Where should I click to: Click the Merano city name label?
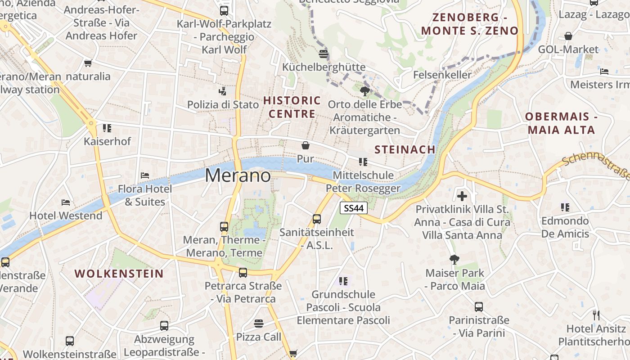point(238,175)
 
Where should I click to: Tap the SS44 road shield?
point(354,208)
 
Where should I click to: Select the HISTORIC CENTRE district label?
point(292,107)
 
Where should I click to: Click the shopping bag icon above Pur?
point(306,145)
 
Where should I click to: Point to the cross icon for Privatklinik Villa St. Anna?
point(462,196)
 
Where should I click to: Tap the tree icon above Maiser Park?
point(454,259)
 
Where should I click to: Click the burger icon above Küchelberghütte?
point(323,54)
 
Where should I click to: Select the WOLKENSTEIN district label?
point(119,274)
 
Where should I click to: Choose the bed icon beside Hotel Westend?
point(66,202)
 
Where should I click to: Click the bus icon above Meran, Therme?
point(224,227)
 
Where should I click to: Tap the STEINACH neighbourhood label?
point(405,149)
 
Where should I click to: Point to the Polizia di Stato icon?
point(223,92)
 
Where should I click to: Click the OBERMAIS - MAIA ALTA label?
point(561,123)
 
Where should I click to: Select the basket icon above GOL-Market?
point(568,36)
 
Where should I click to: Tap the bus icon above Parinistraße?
point(479,307)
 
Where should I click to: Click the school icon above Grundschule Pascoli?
point(343,281)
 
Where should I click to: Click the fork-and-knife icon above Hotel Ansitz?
point(596,315)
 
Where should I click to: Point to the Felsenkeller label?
point(442,75)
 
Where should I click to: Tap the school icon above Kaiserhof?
point(107,128)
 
